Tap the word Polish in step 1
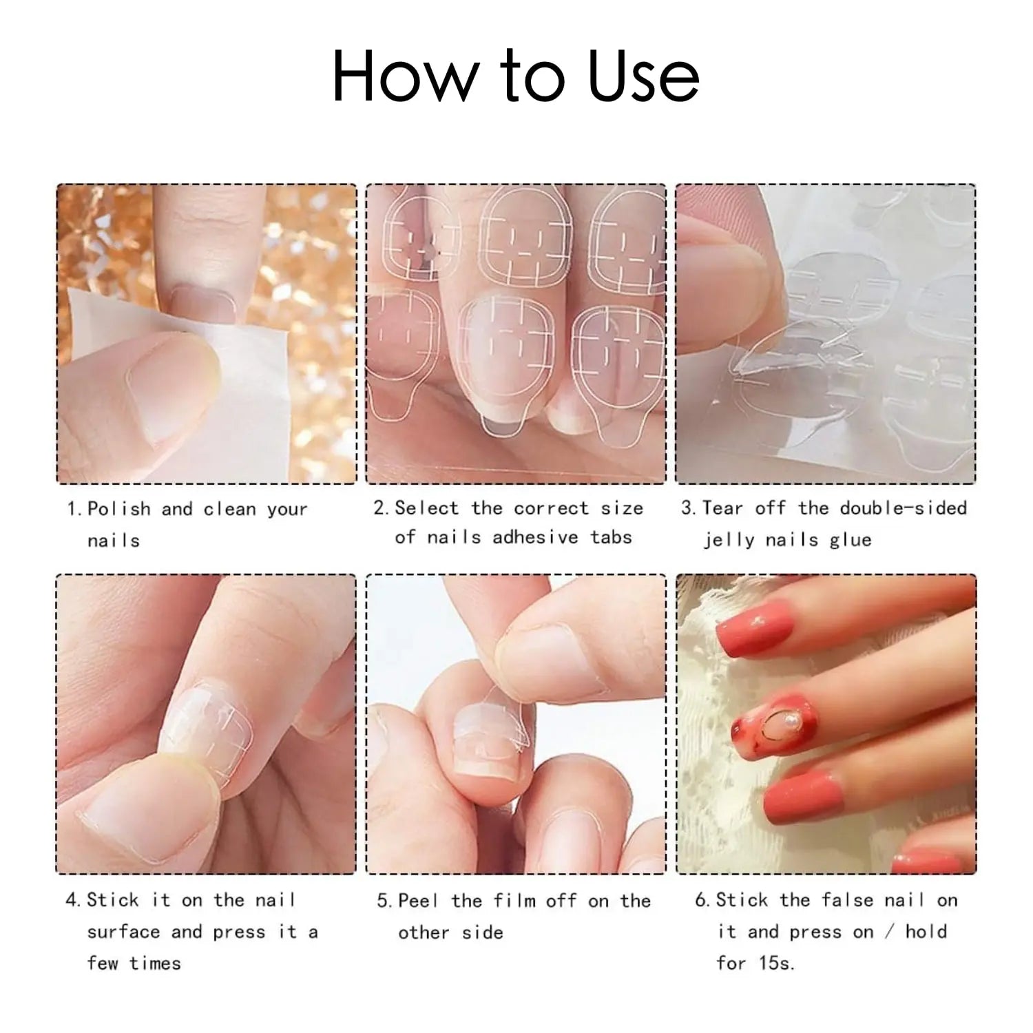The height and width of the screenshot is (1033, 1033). [118, 510]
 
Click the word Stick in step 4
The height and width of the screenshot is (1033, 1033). [112, 900]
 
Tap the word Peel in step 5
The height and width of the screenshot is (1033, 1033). [418, 901]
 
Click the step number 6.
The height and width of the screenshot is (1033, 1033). [701, 901]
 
